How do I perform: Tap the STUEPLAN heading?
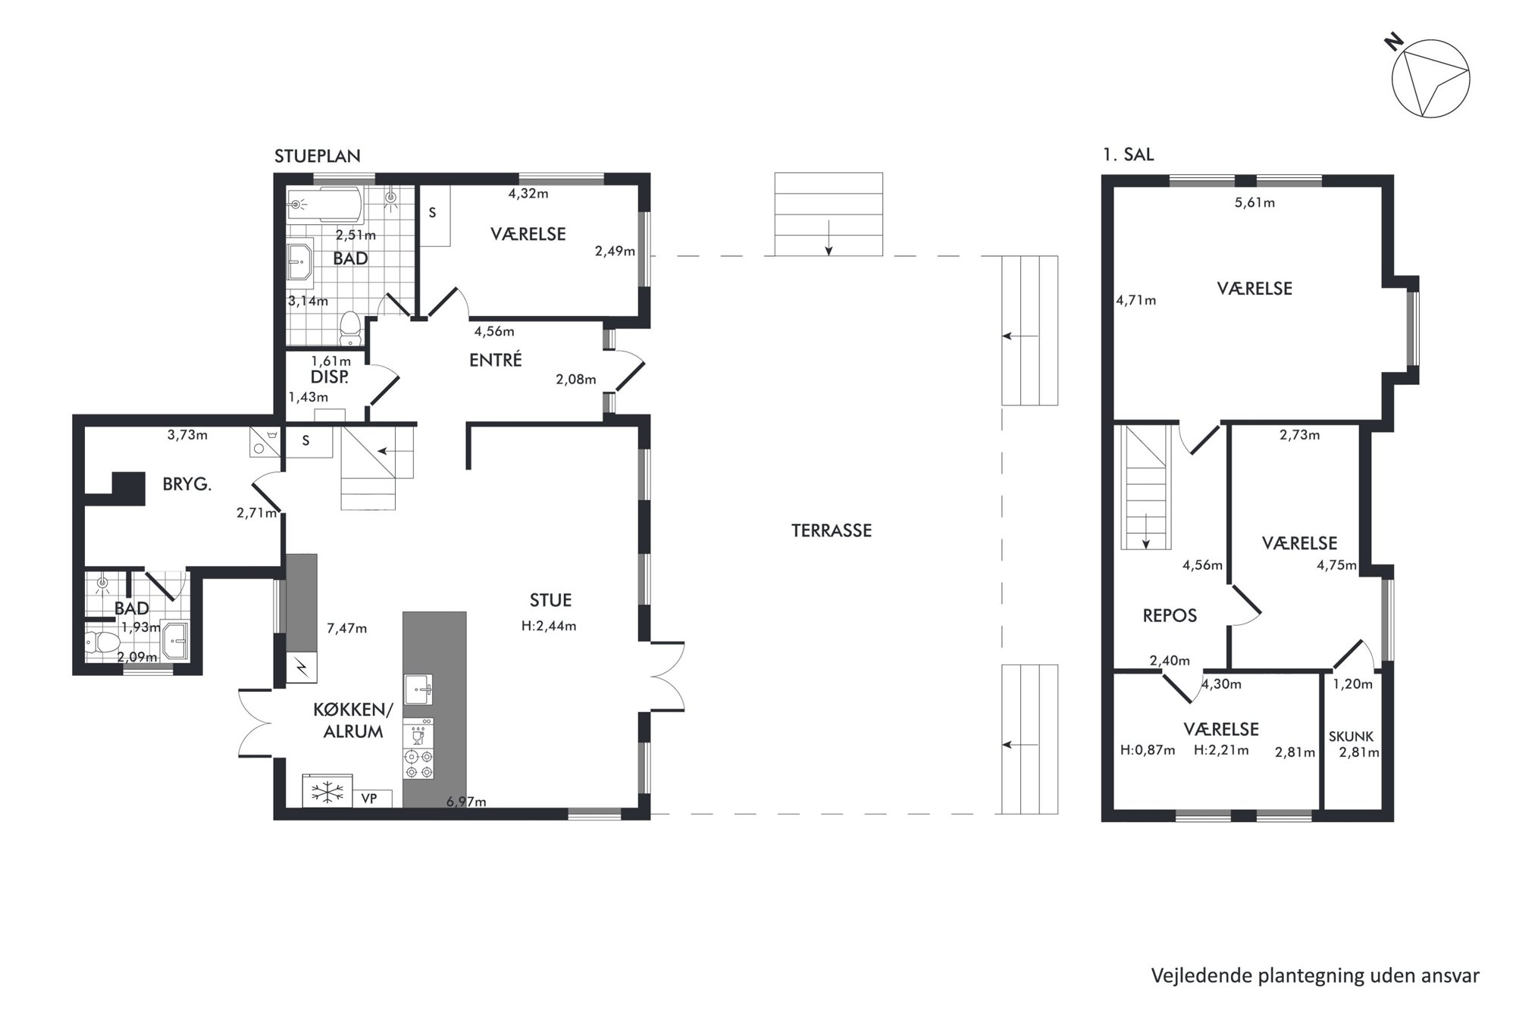click(x=318, y=156)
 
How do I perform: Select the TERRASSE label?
click(x=832, y=530)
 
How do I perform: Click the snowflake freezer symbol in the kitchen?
click(x=327, y=793)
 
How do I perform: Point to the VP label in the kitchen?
click(x=369, y=799)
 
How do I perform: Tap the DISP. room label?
click(x=330, y=377)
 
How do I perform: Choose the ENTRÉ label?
click(x=496, y=360)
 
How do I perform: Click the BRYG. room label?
click(x=186, y=484)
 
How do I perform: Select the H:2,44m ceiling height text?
click(x=549, y=626)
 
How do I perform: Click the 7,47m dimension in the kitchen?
click(x=346, y=627)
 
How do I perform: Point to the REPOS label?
click(x=1170, y=615)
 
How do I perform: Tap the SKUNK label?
click(x=1351, y=736)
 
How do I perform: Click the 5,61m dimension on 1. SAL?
click(x=1254, y=202)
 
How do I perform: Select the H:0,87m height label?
click(x=1148, y=750)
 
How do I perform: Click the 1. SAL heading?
click(x=1129, y=155)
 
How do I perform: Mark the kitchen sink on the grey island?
click(x=418, y=689)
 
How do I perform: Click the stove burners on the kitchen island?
click(x=418, y=763)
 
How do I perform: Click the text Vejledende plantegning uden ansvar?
click(x=1315, y=976)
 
